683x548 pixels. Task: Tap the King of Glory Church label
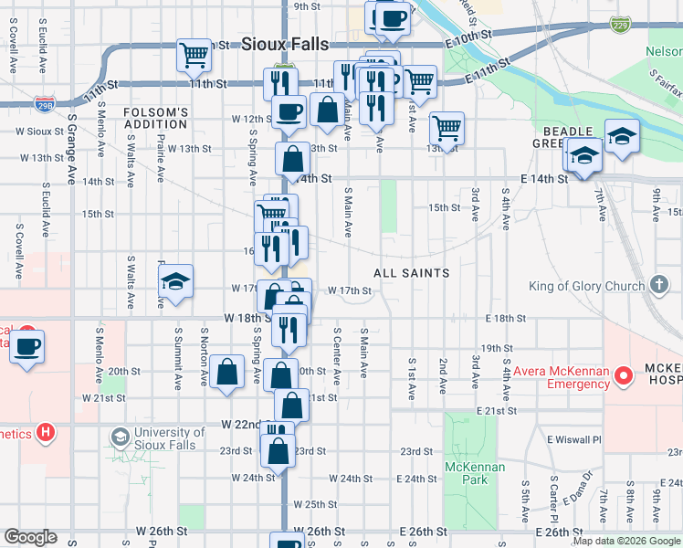586,286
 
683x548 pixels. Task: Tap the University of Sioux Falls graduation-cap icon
120,437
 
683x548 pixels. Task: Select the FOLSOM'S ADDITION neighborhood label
156,118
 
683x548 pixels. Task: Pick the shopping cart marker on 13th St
447,127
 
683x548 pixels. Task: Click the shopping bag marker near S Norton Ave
226,372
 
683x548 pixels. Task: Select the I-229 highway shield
621,22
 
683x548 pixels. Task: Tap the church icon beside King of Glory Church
660,285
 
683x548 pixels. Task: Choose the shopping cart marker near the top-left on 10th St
194,55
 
